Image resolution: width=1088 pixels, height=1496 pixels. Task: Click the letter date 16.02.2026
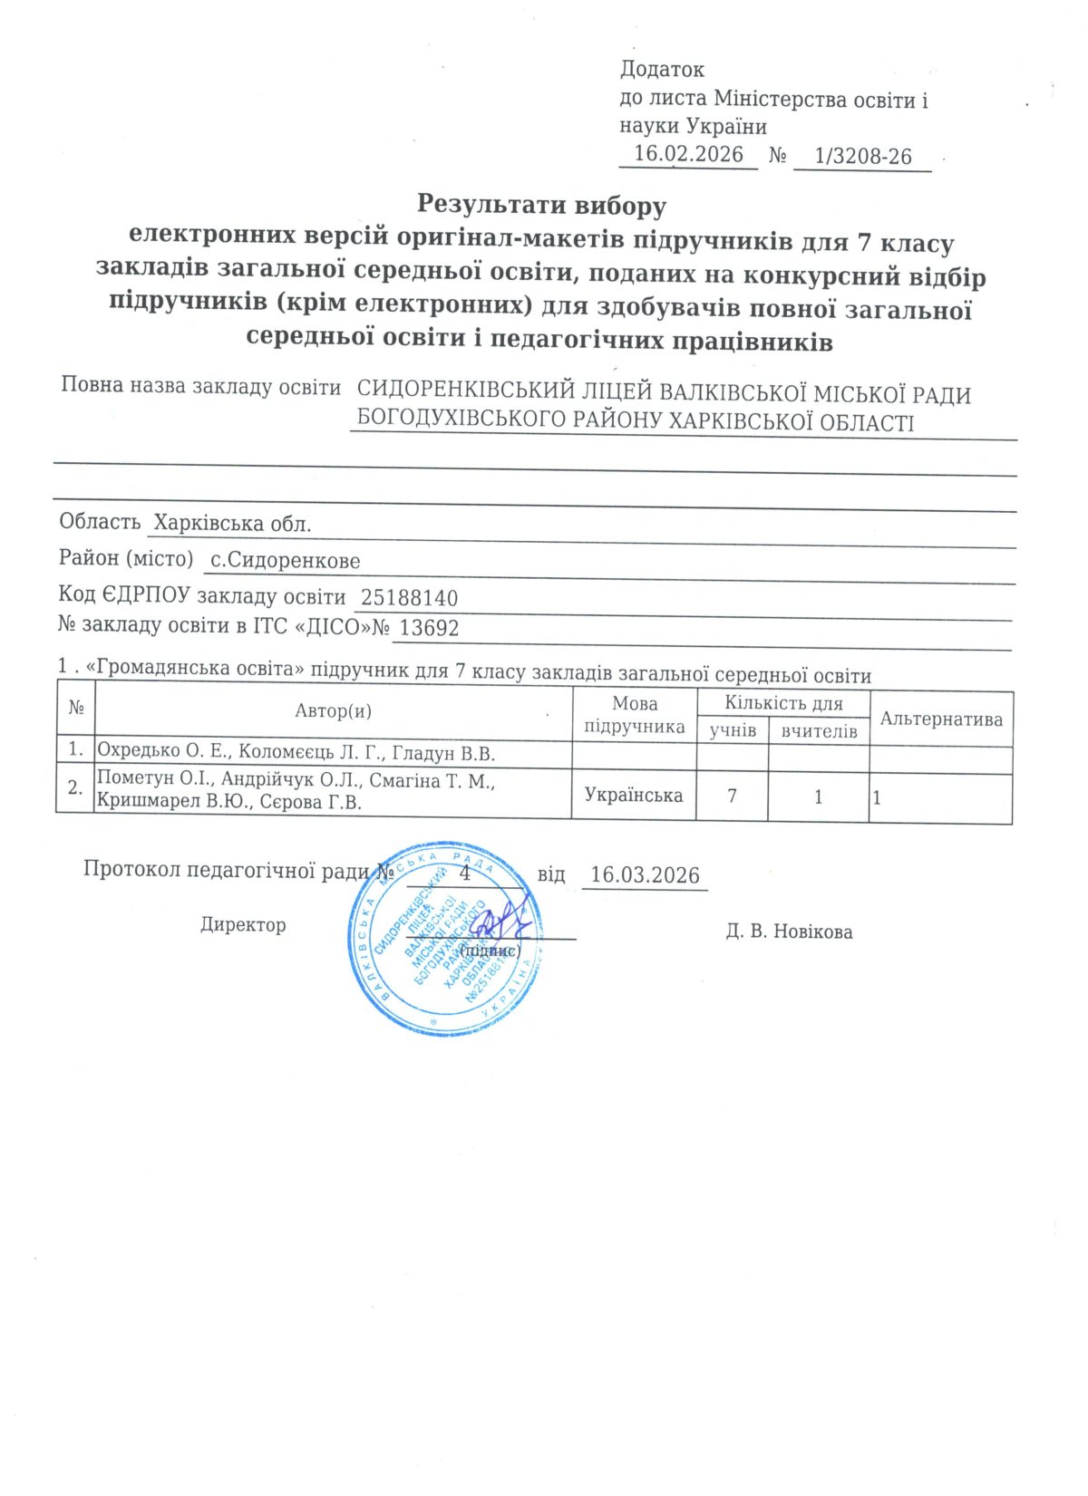(688, 154)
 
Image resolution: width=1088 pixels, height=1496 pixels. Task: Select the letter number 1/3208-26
(862, 157)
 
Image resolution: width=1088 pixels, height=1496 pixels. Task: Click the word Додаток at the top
(662, 70)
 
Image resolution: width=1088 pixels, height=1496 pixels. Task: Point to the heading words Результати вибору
(541, 205)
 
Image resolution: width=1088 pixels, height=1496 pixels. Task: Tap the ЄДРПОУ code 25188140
(409, 598)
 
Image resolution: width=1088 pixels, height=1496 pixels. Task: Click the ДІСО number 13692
(429, 628)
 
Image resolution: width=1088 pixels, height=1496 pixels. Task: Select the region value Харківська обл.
(232, 524)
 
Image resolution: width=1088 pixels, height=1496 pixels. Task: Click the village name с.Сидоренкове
(285, 561)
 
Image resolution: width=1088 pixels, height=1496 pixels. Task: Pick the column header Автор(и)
(333, 711)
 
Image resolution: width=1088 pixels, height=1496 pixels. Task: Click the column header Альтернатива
(941, 719)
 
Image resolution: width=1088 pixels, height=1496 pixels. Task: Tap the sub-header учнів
(733, 730)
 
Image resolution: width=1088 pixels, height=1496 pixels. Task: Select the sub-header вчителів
(819, 731)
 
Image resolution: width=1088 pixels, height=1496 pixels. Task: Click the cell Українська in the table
(634, 796)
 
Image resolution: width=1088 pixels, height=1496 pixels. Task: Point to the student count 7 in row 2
(732, 796)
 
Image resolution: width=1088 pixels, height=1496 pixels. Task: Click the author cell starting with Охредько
(296, 753)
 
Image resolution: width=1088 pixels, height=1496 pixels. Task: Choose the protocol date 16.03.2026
(645, 875)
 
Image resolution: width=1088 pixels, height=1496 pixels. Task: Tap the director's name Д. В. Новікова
(789, 932)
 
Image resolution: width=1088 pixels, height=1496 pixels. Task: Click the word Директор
(243, 925)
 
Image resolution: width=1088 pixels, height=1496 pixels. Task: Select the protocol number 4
(465, 873)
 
